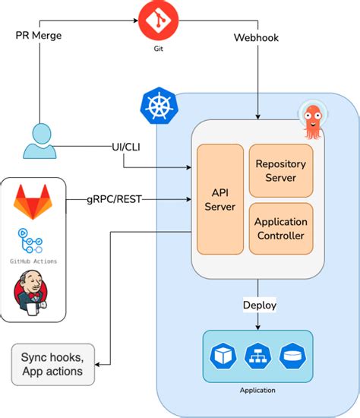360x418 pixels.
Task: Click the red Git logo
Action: tap(158, 21)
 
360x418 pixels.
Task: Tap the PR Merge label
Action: tap(39, 36)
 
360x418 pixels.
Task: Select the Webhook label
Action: tap(257, 37)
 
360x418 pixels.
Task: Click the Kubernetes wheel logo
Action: tap(159, 106)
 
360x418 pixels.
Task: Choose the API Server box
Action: tap(220, 199)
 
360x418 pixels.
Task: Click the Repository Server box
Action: tap(281, 170)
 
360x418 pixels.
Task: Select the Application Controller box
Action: tap(281, 229)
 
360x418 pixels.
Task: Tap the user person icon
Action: tap(40, 141)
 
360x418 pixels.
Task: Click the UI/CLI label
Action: tap(126, 147)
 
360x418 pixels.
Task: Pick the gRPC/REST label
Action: tap(115, 199)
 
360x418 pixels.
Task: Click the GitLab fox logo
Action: tap(33, 202)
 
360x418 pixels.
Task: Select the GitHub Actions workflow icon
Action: tap(30, 241)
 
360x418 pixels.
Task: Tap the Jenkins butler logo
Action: tap(30, 293)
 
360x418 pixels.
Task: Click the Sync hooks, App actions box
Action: tap(53, 364)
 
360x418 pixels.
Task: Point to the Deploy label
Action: tap(260, 306)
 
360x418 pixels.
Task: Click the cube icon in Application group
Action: tap(223, 356)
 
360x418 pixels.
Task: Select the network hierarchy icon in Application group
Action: tap(257, 356)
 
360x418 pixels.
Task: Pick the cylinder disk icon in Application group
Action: tap(292, 356)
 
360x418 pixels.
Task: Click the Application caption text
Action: tap(257, 391)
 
